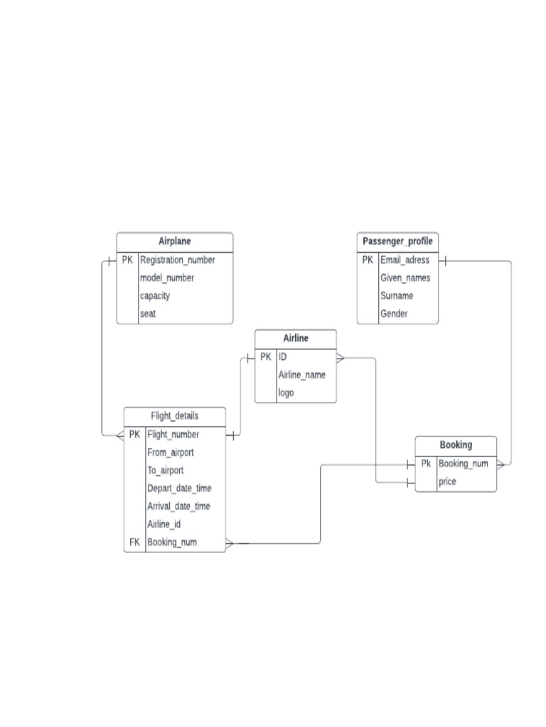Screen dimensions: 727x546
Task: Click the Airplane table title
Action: pyautogui.click(x=174, y=241)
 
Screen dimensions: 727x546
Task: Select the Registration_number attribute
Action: pyautogui.click(x=177, y=260)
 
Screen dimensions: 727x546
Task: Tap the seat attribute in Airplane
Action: pyautogui.click(x=148, y=313)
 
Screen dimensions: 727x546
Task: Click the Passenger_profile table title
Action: pyautogui.click(x=397, y=241)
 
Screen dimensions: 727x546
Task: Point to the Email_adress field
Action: pyautogui.click(x=405, y=260)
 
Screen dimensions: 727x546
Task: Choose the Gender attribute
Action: pyautogui.click(x=394, y=313)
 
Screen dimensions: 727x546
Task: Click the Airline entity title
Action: pyautogui.click(x=296, y=339)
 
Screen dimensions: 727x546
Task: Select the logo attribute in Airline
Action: pyautogui.click(x=286, y=393)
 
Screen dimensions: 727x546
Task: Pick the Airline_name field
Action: pyautogui.click(x=301, y=375)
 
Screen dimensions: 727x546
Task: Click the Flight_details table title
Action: pyautogui.click(x=175, y=416)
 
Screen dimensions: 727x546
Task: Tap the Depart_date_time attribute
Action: pyautogui.click(x=179, y=488)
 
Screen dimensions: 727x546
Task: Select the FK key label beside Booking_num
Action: pyautogui.click(x=134, y=542)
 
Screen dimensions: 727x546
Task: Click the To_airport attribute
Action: pyautogui.click(x=165, y=470)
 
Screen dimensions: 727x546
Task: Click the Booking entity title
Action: pyautogui.click(x=456, y=445)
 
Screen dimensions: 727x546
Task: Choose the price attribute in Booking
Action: pyautogui.click(x=447, y=482)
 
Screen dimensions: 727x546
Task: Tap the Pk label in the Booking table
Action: pyautogui.click(x=426, y=464)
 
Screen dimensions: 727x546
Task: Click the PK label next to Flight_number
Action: pyautogui.click(x=134, y=434)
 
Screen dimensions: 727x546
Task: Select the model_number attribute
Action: pyautogui.click(x=167, y=278)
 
